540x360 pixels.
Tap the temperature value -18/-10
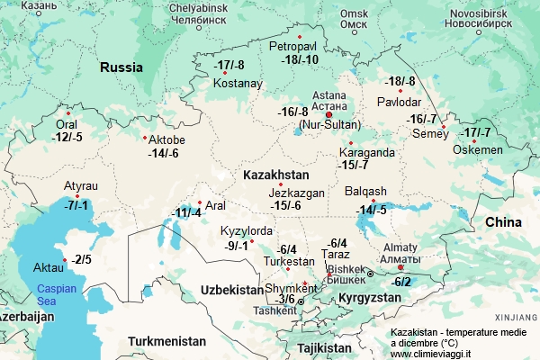click(299, 59)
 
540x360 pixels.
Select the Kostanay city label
click(238, 84)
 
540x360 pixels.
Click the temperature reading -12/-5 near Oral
click(67, 138)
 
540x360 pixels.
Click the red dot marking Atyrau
click(78, 196)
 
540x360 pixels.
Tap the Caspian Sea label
click(58, 296)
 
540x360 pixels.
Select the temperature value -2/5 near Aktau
click(83, 260)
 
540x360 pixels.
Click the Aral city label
click(215, 205)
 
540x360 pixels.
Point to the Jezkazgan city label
click(296, 193)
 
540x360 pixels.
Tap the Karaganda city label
click(367, 152)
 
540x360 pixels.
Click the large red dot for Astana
click(329, 115)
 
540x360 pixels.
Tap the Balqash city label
click(365, 191)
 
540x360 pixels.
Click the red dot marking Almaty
click(401, 267)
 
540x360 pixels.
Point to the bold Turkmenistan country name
click(166, 341)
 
